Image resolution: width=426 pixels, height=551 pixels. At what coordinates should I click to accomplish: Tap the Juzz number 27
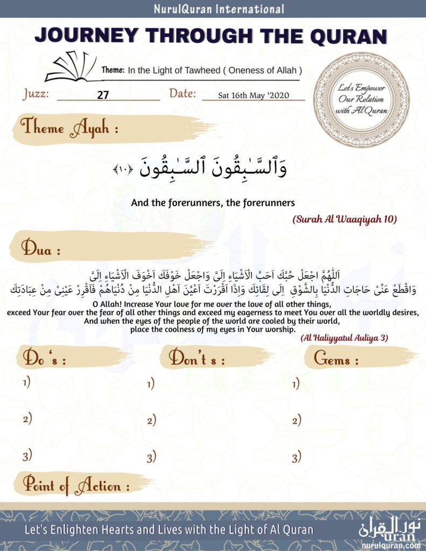point(103,95)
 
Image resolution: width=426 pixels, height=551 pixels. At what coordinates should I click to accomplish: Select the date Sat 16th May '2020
point(254,95)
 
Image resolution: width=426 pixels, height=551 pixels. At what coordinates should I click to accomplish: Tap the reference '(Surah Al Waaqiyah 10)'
point(345,220)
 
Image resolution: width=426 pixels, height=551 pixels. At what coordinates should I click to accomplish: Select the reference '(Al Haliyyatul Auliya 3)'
point(344,337)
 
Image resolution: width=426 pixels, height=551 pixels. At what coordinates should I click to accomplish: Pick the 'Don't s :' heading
point(197,358)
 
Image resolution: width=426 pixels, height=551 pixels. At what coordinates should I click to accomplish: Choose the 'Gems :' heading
point(336,359)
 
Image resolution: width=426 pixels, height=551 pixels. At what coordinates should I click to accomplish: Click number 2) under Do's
point(27,419)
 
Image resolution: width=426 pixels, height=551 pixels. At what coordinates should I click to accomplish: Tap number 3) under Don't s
point(151,458)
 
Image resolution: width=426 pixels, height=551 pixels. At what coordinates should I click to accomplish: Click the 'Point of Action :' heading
point(76,486)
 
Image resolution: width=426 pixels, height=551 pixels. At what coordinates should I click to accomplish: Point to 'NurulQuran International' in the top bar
point(219,9)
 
